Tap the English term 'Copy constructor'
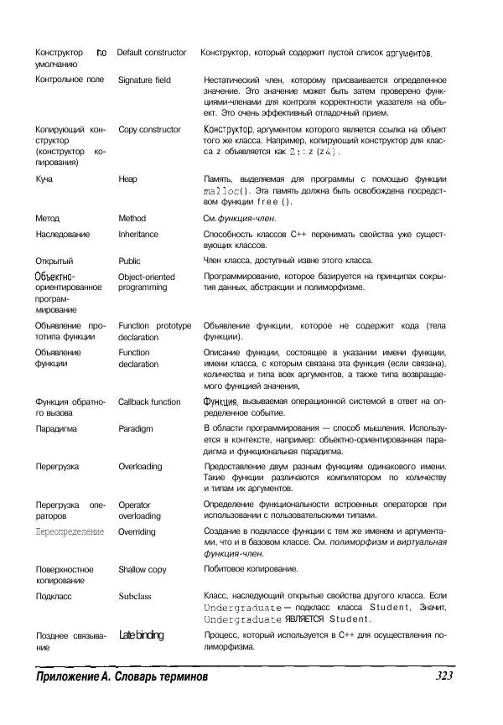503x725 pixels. click(x=149, y=130)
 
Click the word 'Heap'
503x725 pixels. click(x=128, y=179)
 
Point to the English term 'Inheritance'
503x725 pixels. click(x=142, y=235)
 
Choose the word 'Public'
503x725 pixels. click(x=130, y=261)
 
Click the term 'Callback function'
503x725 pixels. click(x=149, y=401)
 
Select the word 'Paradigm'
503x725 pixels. click(x=136, y=428)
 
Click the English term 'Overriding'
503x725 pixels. click(x=137, y=531)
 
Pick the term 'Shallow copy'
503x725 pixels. click(x=143, y=569)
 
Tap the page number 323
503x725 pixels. click(x=449, y=676)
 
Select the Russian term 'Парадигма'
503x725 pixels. click(x=57, y=428)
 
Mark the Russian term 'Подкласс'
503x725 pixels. click(x=54, y=596)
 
